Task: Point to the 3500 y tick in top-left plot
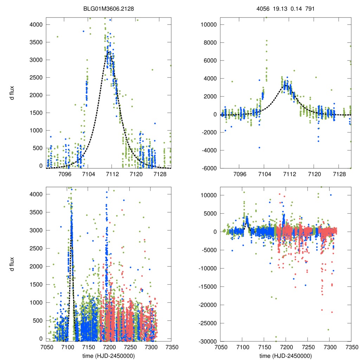tap(37, 42)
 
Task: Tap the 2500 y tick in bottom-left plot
tap(37, 248)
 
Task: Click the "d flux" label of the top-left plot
tap(12, 93)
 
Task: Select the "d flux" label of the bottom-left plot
tap(12, 263)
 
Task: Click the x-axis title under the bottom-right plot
tap(285, 355)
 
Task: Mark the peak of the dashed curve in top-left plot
tap(109, 52)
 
